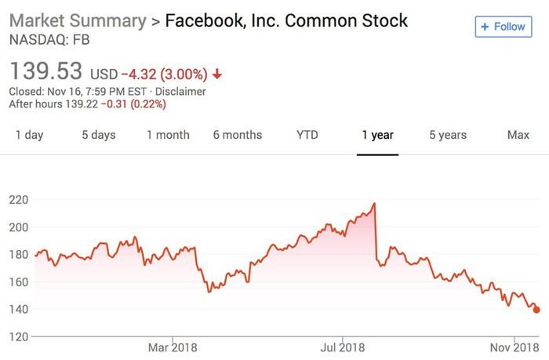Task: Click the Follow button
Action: click(x=503, y=27)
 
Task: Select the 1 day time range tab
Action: click(x=30, y=135)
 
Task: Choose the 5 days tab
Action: click(x=99, y=135)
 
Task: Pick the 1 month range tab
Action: click(x=168, y=135)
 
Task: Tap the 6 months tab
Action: click(x=238, y=135)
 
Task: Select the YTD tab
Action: click(x=307, y=135)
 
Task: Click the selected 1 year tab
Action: click(x=377, y=135)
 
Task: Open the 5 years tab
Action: click(x=448, y=135)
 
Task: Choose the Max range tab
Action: click(x=518, y=135)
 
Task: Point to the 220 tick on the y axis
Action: click(x=20, y=200)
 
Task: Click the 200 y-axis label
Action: click(x=20, y=227)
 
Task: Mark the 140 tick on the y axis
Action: click(x=20, y=309)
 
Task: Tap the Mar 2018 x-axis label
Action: click(x=173, y=347)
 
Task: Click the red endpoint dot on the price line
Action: click(x=536, y=310)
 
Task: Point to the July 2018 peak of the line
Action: click(x=375, y=204)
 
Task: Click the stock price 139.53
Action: click(x=45, y=72)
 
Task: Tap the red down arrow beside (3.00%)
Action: click(x=217, y=75)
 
